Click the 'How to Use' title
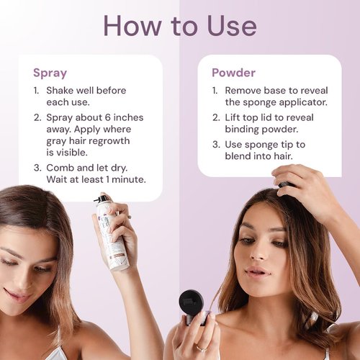pos(179,25)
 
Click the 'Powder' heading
pos(234,73)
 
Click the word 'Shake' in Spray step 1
pos(63,91)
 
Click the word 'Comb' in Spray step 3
pos(63,168)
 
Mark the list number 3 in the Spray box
pos(37,168)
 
